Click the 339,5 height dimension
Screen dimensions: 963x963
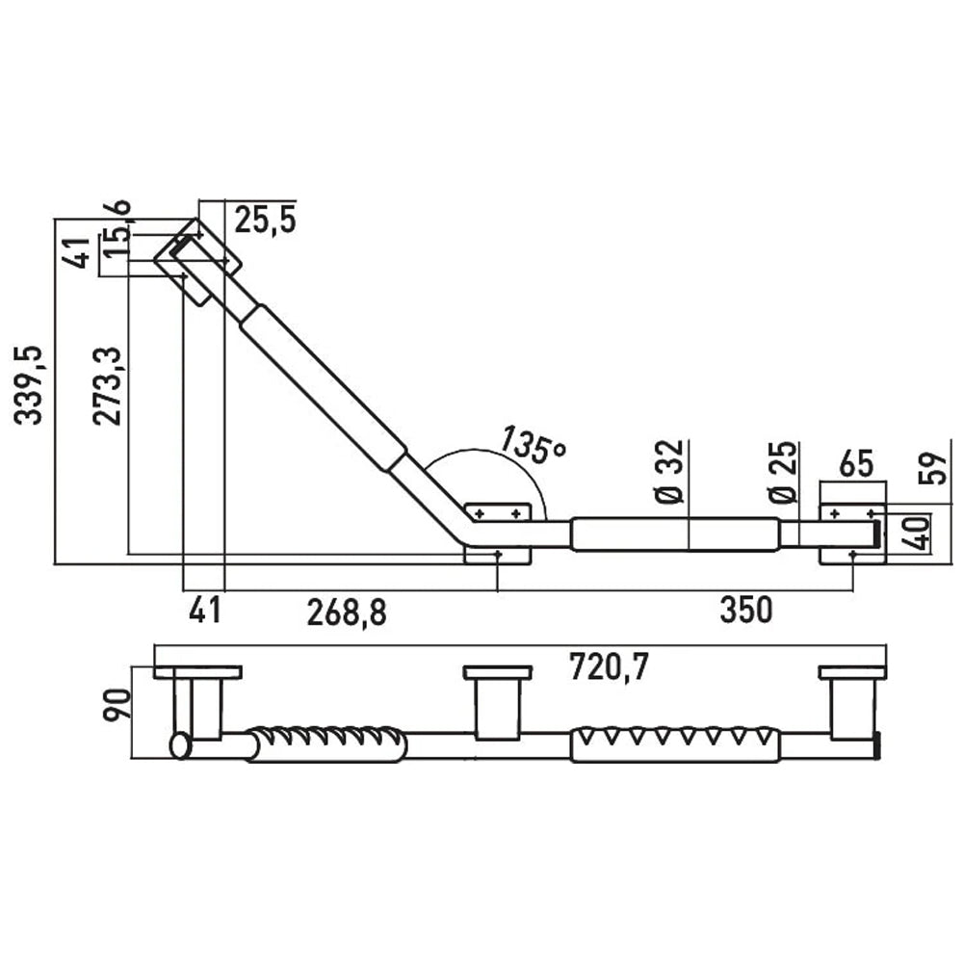click(x=30, y=385)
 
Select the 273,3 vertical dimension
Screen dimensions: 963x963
click(x=108, y=387)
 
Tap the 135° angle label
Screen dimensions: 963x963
click(x=531, y=444)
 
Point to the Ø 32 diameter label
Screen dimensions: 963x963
click(x=669, y=472)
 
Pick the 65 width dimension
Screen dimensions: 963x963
click(x=856, y=464)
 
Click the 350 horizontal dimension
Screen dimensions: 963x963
click(x=745, y=611)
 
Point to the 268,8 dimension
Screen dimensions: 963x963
click(x=347, y=612)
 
